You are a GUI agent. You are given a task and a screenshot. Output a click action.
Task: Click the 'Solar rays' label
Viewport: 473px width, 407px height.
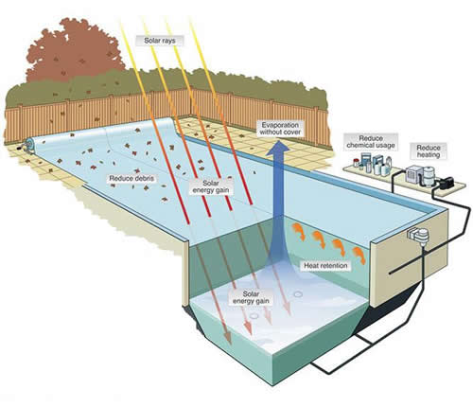pos(160,41)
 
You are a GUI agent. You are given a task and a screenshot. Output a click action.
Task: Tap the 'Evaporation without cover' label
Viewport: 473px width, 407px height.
pos(280,129)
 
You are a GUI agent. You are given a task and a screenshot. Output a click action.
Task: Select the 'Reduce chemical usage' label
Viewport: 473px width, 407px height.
pos(371,142)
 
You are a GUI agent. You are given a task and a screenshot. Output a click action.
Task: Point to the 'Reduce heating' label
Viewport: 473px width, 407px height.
pos(429,151)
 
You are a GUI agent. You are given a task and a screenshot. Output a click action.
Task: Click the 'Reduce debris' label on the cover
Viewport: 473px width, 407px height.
pos(131,178)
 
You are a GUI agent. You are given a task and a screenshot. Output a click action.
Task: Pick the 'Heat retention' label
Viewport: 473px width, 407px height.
pos(325,266)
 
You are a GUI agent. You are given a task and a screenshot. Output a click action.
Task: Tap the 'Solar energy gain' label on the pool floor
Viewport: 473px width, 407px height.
pos(251,297)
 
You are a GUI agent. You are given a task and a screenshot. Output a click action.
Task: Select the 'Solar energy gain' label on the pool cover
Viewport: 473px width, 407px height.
pos(210,186)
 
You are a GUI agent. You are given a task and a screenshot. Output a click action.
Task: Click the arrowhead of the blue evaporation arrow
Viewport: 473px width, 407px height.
pos(278,148)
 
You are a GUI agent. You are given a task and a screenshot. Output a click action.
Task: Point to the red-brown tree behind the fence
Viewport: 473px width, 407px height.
pos(74,50)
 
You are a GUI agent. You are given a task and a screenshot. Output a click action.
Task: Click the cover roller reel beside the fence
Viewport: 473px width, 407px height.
pos(28,145)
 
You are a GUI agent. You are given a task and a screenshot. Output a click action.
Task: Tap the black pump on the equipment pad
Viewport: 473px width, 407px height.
pos(447,183)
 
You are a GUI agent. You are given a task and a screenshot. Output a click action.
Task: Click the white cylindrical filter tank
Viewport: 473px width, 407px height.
pos(429,177)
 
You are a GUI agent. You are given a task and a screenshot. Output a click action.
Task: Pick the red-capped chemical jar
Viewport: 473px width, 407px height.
pos(356,163)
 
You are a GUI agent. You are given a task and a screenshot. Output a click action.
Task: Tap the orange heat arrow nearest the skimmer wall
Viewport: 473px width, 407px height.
pos(359,255)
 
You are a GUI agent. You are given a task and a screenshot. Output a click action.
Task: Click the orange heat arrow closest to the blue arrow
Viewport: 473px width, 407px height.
pos(299,232)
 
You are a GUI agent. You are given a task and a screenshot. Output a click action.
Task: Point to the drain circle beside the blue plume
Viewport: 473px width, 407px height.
pos(298,294)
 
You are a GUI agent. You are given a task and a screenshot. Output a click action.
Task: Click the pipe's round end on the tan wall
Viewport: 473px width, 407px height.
pos(390,273)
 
